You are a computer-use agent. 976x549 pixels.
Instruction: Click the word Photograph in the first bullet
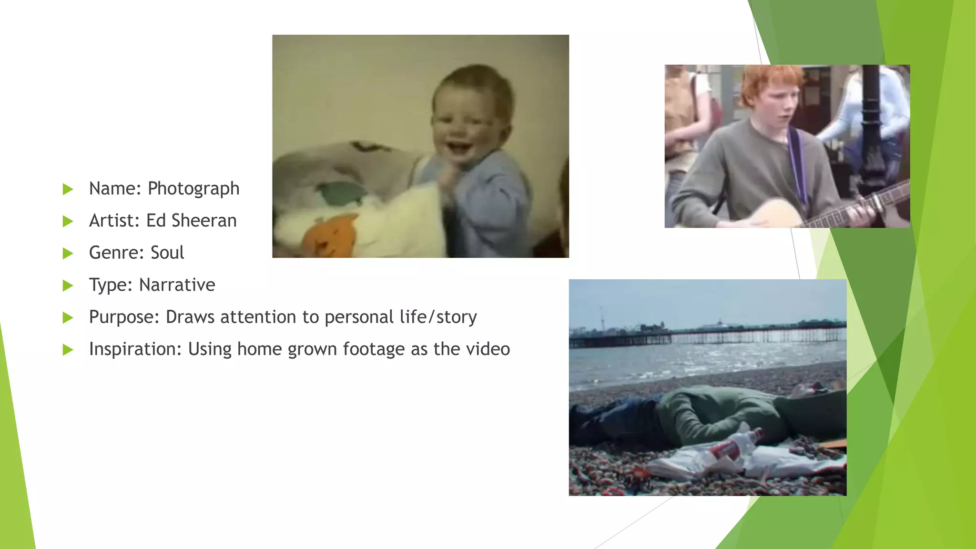[x=193, y=189]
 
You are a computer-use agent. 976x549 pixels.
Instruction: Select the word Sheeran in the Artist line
[x=203, y=221]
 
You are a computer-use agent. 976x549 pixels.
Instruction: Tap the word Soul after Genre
[x=167, y=253]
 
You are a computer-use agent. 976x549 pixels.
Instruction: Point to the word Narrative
[x=177, y=285]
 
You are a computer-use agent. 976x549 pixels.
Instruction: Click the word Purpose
[x=123, y=317]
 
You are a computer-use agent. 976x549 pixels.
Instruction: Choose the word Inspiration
[x=135, y=349]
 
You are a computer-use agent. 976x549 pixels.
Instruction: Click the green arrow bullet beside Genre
[x=68, y=254]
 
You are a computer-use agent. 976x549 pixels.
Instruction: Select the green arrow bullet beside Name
[x=68, y=189]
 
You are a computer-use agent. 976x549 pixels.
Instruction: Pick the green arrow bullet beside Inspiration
[x=68, y=350]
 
